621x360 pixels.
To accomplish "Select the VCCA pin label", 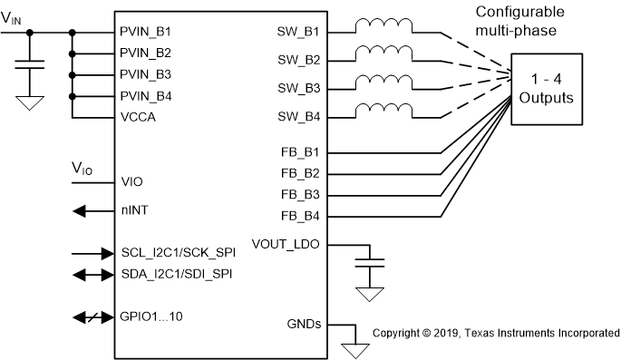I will pyautogui.click(x=138, y=117).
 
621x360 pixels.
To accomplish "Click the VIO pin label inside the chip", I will pyautogui.click(x=131, y=181).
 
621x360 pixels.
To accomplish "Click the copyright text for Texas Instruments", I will pyautogui.click(x=496, y=333).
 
